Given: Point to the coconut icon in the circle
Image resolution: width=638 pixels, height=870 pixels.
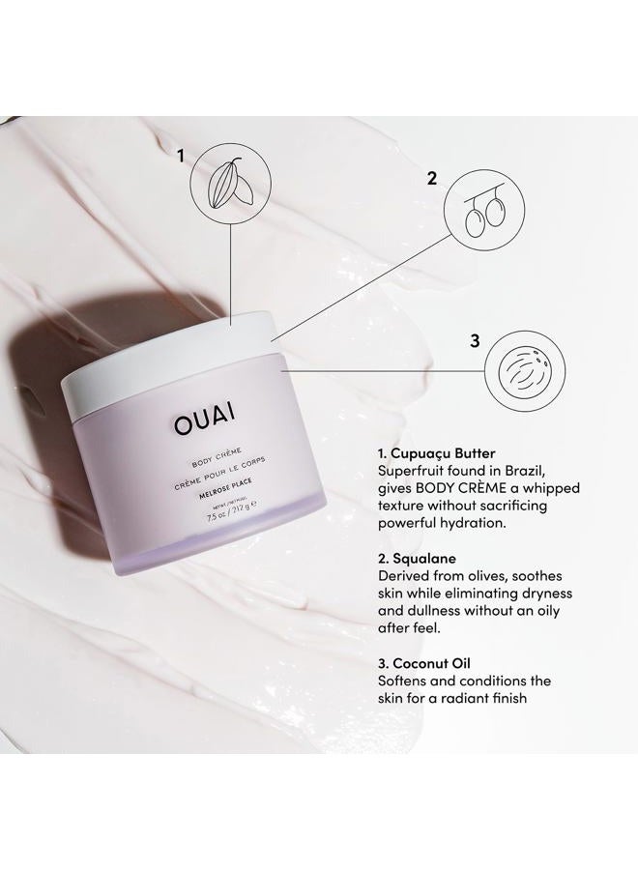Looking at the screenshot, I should [523, 368].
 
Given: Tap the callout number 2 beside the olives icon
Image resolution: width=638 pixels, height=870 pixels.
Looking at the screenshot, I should [432, 178].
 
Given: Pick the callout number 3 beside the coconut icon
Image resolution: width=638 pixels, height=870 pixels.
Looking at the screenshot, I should [475, 340].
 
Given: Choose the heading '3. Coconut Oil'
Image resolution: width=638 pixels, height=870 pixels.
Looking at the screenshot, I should [422, 663].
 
